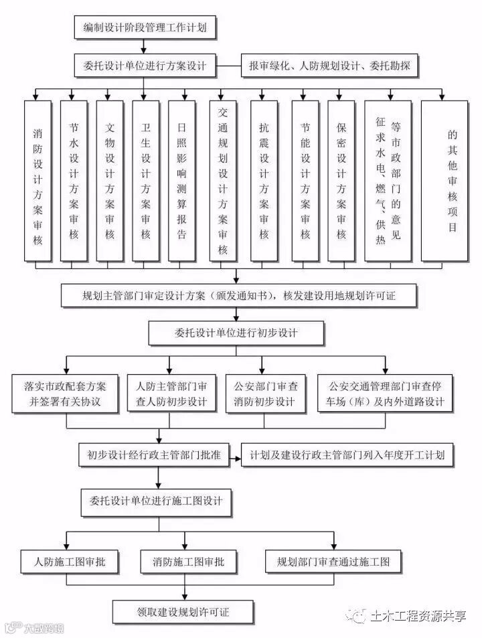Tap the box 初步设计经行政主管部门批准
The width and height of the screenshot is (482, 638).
pos(153,455)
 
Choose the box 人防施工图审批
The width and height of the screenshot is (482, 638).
pos(66,562)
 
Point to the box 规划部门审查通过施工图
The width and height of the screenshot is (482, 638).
pos(333,562)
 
